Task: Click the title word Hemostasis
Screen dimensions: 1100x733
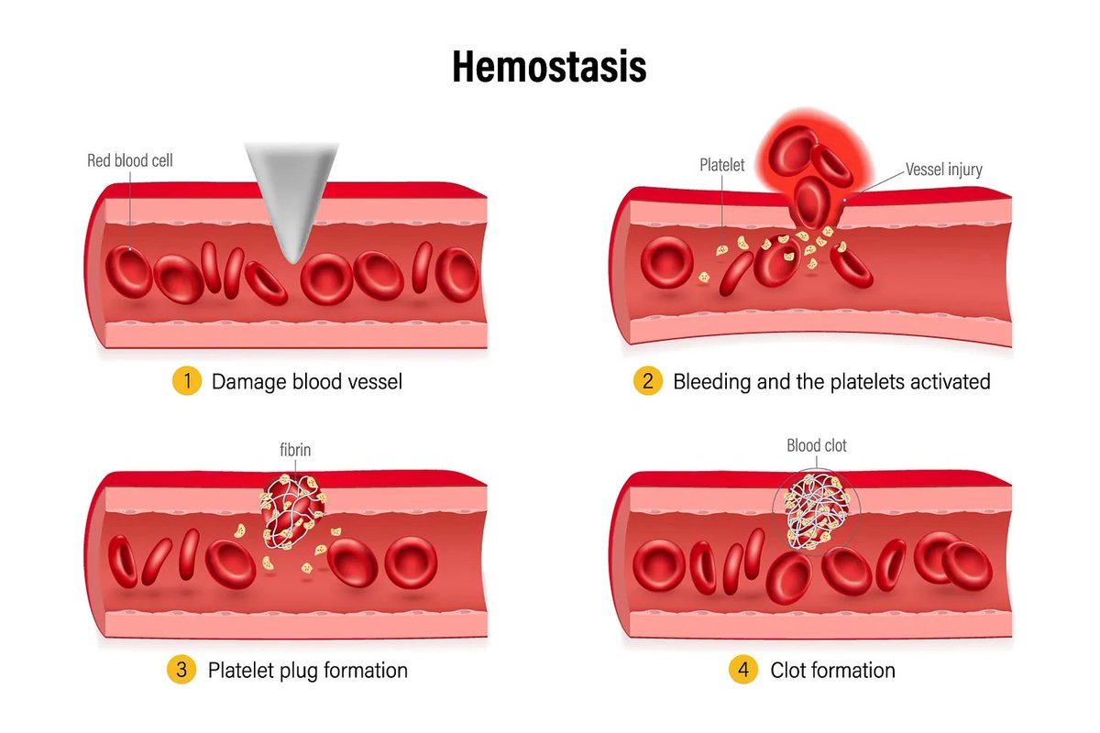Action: (x=549, y=66)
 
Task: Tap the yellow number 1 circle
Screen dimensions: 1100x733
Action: (x=186, y=381)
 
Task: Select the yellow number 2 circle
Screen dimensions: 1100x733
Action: (x=647, y=381)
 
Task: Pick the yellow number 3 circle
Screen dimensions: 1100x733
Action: (x=181, y=670)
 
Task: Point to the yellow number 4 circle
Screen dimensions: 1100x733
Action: (x=743, y=670)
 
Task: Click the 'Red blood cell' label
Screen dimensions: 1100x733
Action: (x=130, y=161)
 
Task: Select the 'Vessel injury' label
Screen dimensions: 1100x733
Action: (x=945, y=170)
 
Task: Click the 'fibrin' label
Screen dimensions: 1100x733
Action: (x=295, y=451)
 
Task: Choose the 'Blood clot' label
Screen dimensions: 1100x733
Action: (x=817, y=446)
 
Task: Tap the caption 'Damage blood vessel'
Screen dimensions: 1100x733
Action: (x=307, y=381)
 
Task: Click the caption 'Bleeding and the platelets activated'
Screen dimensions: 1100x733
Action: (x=831, y=381)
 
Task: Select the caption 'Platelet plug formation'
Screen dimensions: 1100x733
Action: (x=308, y=670)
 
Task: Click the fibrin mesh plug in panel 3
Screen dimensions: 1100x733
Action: (x=291, y=513)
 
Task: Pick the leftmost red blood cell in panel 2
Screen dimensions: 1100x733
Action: (x=667, y=262)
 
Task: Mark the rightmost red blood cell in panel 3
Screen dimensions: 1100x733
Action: (x=411, y=562)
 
